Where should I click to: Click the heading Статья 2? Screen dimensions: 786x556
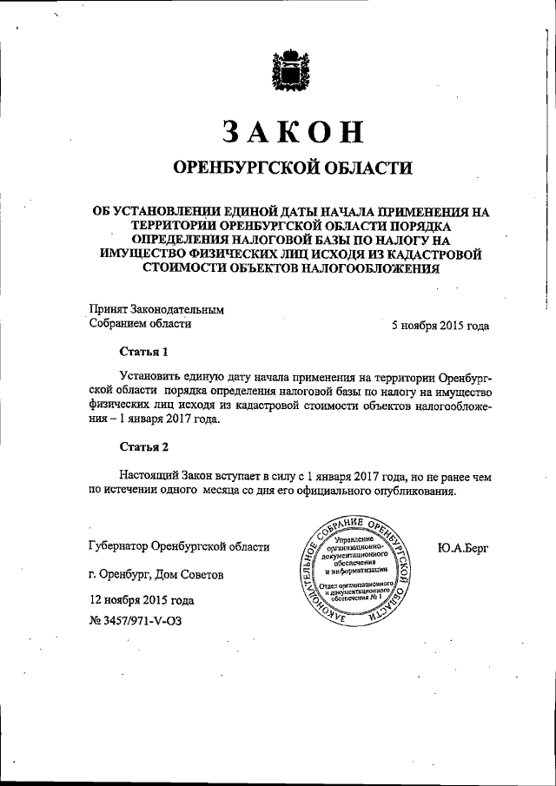pyautogui.click(x=142, y=447)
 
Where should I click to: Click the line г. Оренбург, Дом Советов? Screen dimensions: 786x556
pyautogui.click(x=162, y=574)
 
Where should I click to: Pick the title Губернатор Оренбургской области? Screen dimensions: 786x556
pyautogui.click(x=179, y=546)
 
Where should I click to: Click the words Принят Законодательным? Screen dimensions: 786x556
pyautogui.click(x=157, y=308)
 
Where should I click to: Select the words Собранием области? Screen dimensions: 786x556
pyautogui.click(x=140, y=325)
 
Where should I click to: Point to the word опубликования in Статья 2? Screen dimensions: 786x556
pyautogui.click(x=412, y=491)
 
